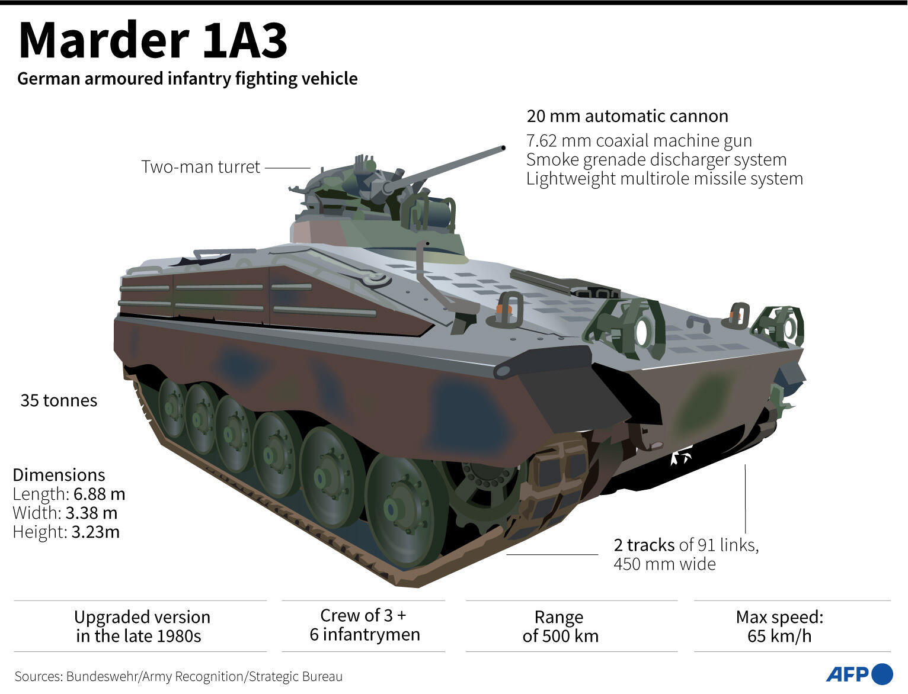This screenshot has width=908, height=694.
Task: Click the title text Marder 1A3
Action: pyautogui.click(x=153, y=41)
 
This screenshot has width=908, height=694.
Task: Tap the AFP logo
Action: pyautogui.click(x=859, y=674)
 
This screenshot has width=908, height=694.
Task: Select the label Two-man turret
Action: pyautogui.click(x=200, y=167)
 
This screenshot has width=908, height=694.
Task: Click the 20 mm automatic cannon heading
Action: pyautogui.click(x=627, y=116)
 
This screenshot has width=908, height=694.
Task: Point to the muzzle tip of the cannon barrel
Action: pyautogui.click(x=503, y=147)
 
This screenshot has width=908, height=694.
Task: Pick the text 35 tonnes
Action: pyautogui.click(x=59, y=401)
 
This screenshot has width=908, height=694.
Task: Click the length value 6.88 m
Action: pyautogui.click(x=99, y=494)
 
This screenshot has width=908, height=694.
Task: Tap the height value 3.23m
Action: pyautogui.click(x=95, y=532)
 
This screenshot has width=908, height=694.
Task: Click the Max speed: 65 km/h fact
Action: pyautogui.click(x=779, y=626)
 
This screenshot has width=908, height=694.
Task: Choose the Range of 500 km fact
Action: pyautogui.click(x=560, y=626)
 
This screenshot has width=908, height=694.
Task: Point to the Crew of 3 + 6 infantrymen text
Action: pyautogui.click(x=364, y=625)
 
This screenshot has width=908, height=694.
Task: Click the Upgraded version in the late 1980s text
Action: pyautogui.click(x=142, y=626)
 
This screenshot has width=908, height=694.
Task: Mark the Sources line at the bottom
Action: pyautogui.click(x=178, y=676)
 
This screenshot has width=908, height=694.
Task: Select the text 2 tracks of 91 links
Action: pyautogui.click(x=686, y=545)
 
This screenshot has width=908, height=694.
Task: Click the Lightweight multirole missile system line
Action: pyautogui.click(x=664, y=179)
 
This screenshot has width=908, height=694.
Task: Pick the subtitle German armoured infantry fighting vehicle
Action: pyautogui.click(x=187, y=79)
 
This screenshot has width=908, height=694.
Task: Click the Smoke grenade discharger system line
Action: pyautogui.click(x=656, y=160)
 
